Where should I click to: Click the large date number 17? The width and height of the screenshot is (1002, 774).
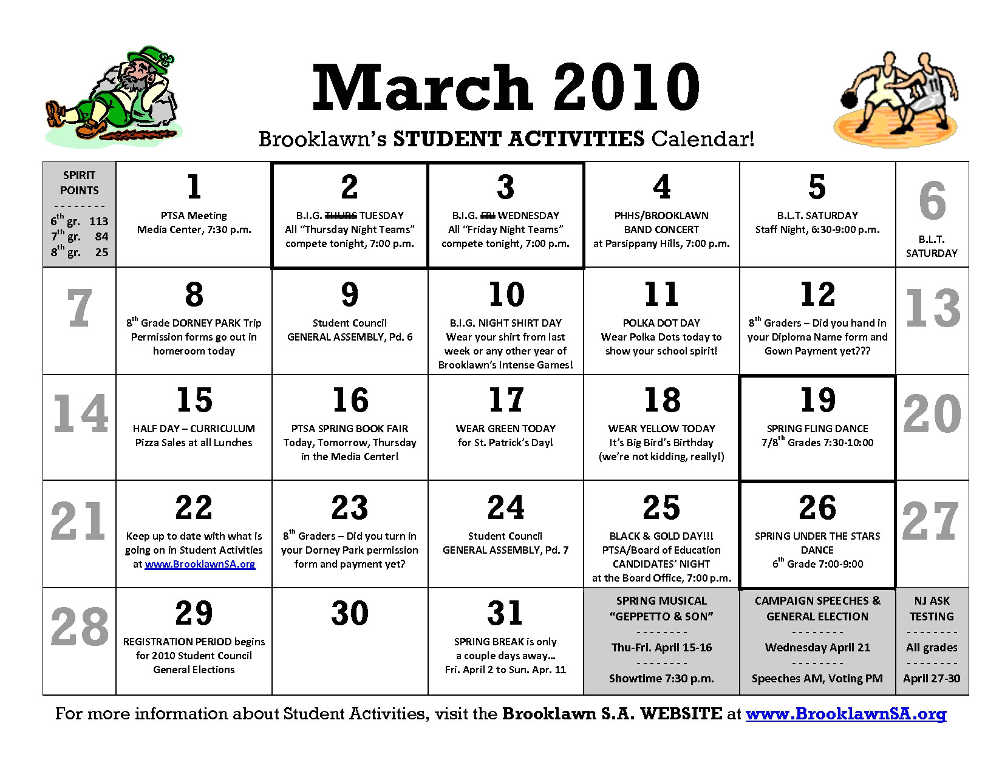[506, 400]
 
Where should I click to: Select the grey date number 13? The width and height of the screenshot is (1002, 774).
[932, 308]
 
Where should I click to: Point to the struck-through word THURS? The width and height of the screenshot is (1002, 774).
[340, 216]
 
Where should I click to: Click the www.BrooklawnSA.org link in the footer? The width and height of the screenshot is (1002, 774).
[846, 714]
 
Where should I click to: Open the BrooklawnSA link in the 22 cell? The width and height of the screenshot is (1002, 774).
[200, 564]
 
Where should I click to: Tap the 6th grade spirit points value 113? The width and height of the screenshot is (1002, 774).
[98, 222]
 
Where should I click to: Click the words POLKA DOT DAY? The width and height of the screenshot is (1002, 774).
[661, 323]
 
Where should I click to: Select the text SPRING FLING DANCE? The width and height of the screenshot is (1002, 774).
[817, 429]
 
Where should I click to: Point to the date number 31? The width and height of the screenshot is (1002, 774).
[505, 613]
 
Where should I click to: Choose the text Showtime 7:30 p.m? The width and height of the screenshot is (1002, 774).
[661, 679]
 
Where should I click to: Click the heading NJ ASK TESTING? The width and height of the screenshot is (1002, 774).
[932, 608]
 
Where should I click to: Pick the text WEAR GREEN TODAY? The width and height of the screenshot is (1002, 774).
[505, 429]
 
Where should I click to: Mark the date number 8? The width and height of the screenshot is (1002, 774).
[194, 294]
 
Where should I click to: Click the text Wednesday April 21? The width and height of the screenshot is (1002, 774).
[817, 648]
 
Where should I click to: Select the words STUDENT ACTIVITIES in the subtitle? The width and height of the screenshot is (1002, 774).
[519, 139]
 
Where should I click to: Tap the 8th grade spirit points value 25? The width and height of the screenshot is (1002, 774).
[102, 252]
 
